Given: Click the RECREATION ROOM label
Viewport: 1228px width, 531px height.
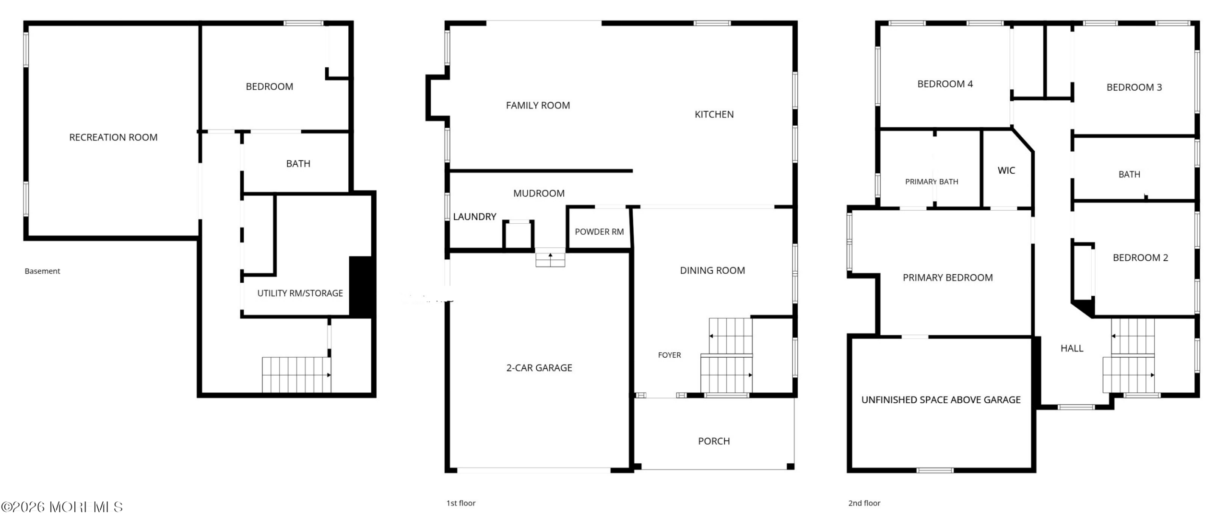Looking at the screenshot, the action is pyautogui.click(x=113, y=137).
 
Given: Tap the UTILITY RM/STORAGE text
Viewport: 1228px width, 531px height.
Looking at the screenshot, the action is pyautogui.click(x=300, y=293).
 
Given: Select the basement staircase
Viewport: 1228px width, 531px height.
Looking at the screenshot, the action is pyautogui.click(x=296, y=374).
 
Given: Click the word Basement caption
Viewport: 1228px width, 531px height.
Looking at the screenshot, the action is pyautogui.click(x=42, y=271).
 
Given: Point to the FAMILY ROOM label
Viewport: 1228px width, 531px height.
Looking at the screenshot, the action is pyautogui.click(x=538, y=105).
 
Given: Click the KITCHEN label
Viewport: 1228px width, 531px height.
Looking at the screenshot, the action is pyautogui.click(x=714, y=114).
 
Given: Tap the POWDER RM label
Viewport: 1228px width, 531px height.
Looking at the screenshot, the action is pyautogui.click(x=599, y=232).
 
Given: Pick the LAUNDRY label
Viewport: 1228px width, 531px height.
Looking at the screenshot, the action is pyautogui.click(x=474, y=217).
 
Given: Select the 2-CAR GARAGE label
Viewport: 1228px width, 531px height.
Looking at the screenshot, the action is pyautogui.click(x=539, y=368).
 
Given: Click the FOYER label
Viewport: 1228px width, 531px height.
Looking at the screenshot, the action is pyautogui.click(x=669, y=355).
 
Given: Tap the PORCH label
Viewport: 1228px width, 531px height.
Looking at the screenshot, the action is pyautogui.click(x=714, y=441).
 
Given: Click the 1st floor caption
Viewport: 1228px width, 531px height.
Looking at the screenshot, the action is pyautogui.click(x=460, y=503).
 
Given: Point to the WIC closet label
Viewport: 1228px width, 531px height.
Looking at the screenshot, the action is pyautogui.click(x=1006, y=170).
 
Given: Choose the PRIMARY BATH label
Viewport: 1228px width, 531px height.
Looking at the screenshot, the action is pyautogui.click(x=932, y=181).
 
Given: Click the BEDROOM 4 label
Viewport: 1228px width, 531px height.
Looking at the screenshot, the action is pyautogui.click(x=945, y=84).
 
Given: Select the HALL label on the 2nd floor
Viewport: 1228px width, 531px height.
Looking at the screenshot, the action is pyautogui.click(x=1072, y=349).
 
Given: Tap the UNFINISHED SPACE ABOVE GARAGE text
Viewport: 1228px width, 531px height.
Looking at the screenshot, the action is pyautogui.click(x=941, y=400).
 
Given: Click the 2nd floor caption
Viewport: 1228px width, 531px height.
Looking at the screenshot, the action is pyautogui.click(x=864, y=503).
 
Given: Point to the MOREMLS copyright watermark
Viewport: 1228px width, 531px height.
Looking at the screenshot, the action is pyautogui.click(x=62, y=507).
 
